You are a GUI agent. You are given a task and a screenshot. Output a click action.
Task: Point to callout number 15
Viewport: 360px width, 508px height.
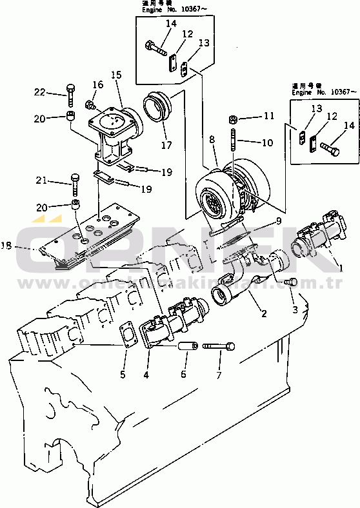[x=117, y=75]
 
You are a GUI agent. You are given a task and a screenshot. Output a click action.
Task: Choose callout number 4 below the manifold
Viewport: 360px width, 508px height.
[x=146, y=374]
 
